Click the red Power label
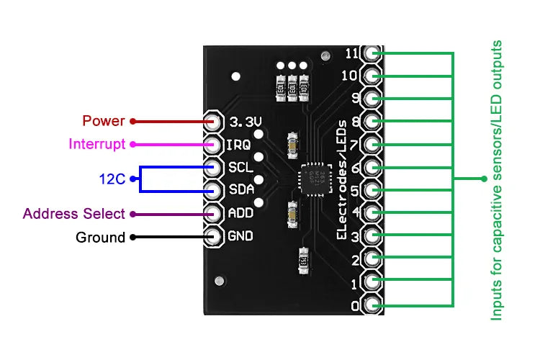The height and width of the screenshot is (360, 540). (x=104, y=121)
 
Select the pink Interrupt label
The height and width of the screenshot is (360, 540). (x=97, y=144)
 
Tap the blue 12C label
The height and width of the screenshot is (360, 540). (x=112, y=179)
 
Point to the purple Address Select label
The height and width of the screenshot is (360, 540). (x=74, y=214)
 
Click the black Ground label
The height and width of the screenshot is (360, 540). (x=100, y=237)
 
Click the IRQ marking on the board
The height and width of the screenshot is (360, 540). (x=238, y=144)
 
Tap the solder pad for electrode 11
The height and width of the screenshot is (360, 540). (x=372, y=53)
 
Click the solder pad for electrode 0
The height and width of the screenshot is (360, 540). (x=372, y=305)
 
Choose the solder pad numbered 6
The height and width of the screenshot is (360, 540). (x=372, y=167)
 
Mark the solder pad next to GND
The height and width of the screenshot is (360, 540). (x=214, y=236)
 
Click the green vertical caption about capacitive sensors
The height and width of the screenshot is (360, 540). (x=496, y=180)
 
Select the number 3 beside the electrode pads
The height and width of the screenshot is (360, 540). (x=354, y=236)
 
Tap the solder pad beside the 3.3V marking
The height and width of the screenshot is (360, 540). (x=214, y=121)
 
